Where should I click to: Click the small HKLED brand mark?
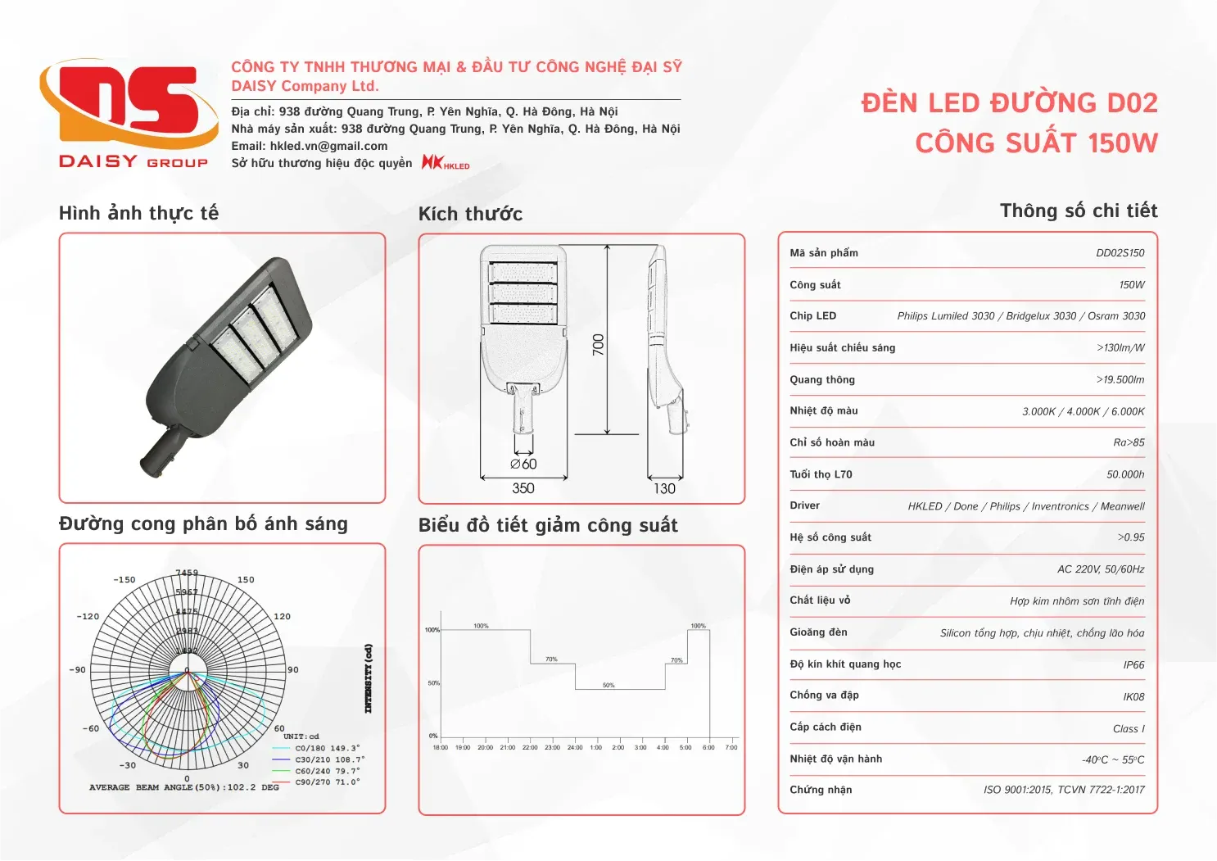446,162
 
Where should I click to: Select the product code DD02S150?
1120,253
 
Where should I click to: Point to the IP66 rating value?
1133,665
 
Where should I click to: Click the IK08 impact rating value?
1133,697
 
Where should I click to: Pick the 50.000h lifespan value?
1125,474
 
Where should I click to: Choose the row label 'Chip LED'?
812,316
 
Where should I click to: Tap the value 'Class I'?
1129,729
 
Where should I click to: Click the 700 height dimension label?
599,344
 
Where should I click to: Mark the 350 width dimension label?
523,488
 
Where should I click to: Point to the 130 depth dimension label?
664,488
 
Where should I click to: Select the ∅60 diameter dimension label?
523,464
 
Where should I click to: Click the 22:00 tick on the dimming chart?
530,747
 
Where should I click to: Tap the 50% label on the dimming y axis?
433,683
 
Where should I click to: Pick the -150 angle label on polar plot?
124,580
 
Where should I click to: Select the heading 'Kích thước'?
470,214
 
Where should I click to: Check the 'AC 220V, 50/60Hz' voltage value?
1101,569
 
